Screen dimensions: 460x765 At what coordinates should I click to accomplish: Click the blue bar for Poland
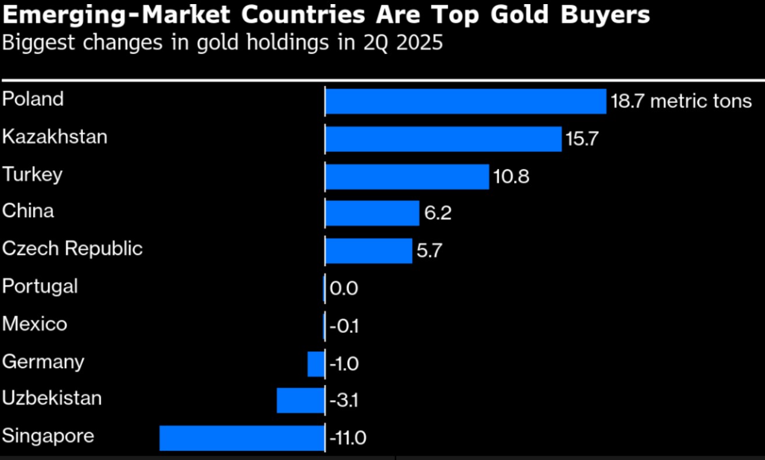pos(465,102)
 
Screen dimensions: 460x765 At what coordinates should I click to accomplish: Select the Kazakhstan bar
pos(443,139)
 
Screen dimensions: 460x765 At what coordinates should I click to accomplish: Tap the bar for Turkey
pos(406,176)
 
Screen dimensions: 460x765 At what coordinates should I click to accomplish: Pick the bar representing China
pos(372,213)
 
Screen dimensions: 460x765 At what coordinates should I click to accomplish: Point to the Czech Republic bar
pos(369,250)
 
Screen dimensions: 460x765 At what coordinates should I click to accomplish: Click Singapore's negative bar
pos(241,438)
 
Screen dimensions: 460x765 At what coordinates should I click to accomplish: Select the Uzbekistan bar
pos(300,400)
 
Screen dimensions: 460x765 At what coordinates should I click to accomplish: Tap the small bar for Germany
pos(315,364)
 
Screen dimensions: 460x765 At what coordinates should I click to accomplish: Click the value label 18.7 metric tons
pos(681,102)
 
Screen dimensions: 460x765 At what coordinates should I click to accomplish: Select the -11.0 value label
pos(348,438)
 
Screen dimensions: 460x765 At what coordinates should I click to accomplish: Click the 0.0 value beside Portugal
pos(344,288)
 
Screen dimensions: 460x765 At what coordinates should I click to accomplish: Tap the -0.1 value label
pos(344,326)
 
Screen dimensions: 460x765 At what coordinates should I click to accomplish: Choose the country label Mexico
pos(34,324)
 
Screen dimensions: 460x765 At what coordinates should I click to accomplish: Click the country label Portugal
pos(40,287)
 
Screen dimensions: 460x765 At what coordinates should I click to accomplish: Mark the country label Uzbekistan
pos(52,399)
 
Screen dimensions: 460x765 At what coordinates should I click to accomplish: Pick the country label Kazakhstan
pos(55,137)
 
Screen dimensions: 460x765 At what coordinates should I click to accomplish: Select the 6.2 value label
pos(438,214)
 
